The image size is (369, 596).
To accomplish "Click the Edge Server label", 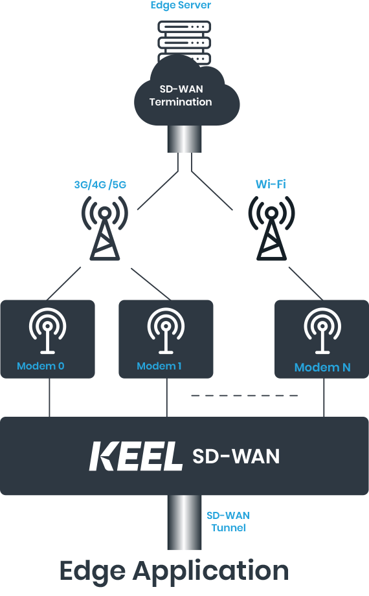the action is (x=181, y=5).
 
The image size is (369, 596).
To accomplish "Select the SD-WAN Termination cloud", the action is (x=187, y=95).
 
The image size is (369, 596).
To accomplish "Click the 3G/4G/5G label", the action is (x=100, y=184).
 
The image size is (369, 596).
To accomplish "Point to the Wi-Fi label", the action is (x=271, y=184).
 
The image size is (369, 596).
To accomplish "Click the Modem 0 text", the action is (x=40, y=366).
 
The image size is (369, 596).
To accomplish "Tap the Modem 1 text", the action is (x=159, y=366).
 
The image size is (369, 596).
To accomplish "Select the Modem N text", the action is (x=322, y=368).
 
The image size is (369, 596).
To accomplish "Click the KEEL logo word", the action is (x=135, y=456).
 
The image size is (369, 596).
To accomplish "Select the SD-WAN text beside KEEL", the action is (x=236, y=456).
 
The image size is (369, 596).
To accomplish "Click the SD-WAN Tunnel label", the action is (x=229, y=522).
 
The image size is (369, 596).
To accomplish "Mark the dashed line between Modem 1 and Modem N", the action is (x=244, y=395).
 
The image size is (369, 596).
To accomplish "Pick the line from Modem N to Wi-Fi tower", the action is (x=306, y=283).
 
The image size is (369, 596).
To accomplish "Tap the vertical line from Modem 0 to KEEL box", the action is (x=49, y=397).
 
